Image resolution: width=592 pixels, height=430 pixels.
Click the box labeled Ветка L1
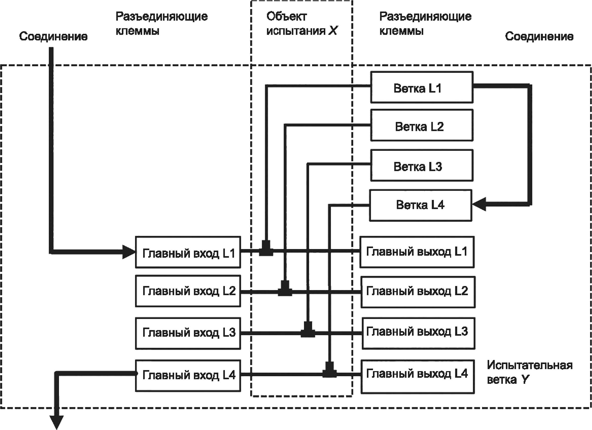[x=422, y=87]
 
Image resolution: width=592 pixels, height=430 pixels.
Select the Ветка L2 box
[x=422, y=125]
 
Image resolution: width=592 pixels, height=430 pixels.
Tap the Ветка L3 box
[x=422, y=165]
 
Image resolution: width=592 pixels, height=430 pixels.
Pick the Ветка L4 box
[x=421, y=205]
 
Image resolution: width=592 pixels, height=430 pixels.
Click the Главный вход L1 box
[x=188, y=252]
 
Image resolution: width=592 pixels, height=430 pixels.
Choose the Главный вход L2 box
[x=188, y=291]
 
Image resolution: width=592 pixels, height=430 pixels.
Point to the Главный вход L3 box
[x=188, y=333]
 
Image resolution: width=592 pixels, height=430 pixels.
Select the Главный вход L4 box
[x=188, y=376]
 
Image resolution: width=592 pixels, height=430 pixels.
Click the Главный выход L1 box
[x=417, y=252]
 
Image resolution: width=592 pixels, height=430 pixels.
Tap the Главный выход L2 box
[x=418, y=292]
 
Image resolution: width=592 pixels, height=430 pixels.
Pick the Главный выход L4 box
[x=418, y=377]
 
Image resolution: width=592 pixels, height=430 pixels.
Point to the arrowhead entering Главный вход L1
[x=129, y=252]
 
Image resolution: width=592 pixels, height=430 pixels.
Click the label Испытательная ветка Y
[x=530, y=373]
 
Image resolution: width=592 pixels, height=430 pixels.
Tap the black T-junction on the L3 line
[x=308, y=329]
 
